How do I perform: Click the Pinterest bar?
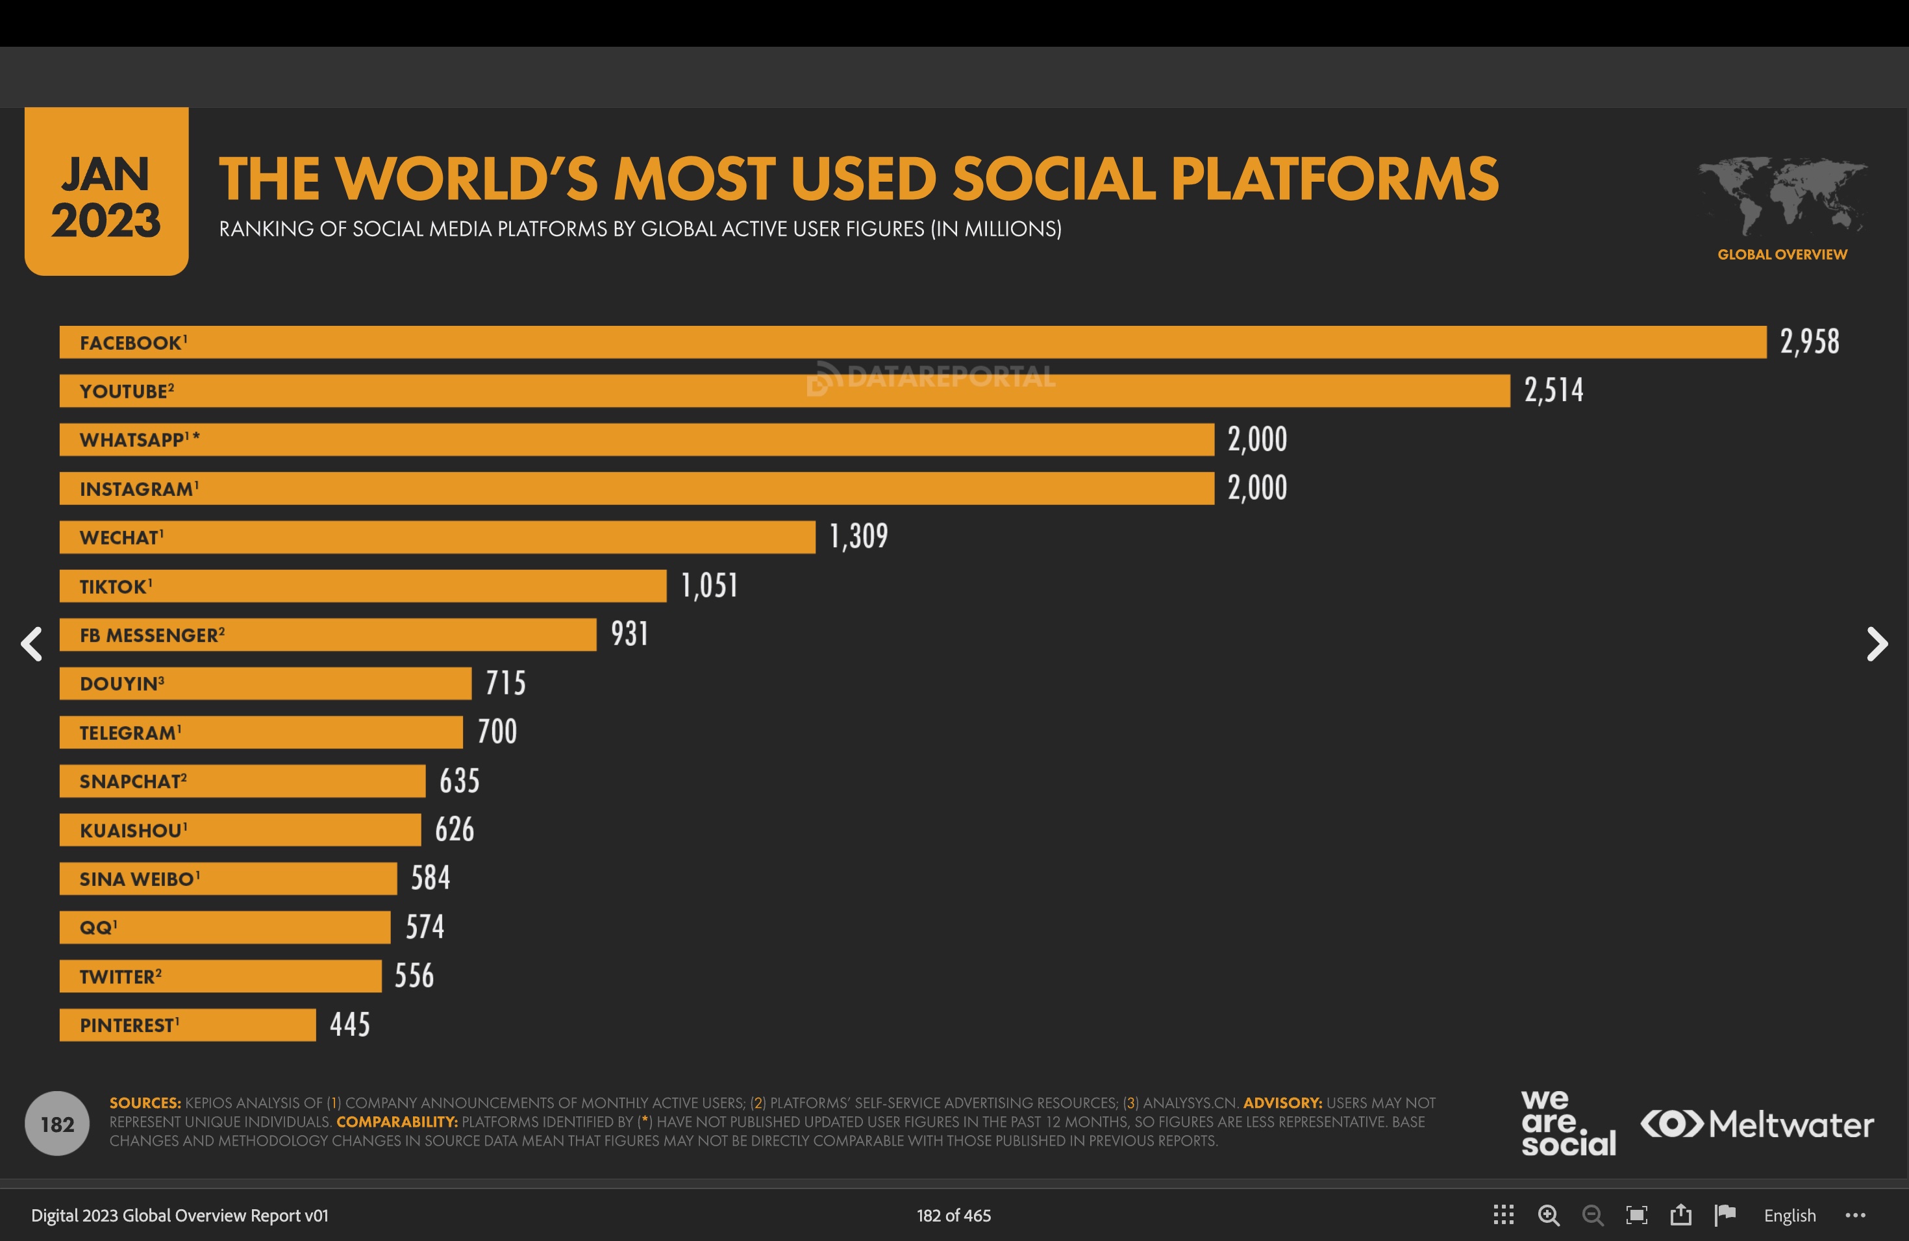tap(188, 1025)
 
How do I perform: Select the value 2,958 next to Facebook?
tap(1810, 341)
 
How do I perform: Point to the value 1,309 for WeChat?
tap(858, 536)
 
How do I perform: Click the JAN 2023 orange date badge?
tap(106, 192)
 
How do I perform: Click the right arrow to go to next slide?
tap(1877, 644)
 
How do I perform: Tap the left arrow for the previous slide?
tap(31, 644)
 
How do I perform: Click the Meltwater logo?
tap(1756, 1124)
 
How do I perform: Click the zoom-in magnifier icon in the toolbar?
tap(1548, 1215)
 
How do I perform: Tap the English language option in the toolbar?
tap(1789, 1215)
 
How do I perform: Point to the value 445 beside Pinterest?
tap(350, 1025)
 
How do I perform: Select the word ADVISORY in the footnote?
tap(1282, 1102)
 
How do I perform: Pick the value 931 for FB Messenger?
tap(630, 634)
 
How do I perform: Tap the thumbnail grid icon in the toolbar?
tap(1503, 1215)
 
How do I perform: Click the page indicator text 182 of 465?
tap(954, 1215)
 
